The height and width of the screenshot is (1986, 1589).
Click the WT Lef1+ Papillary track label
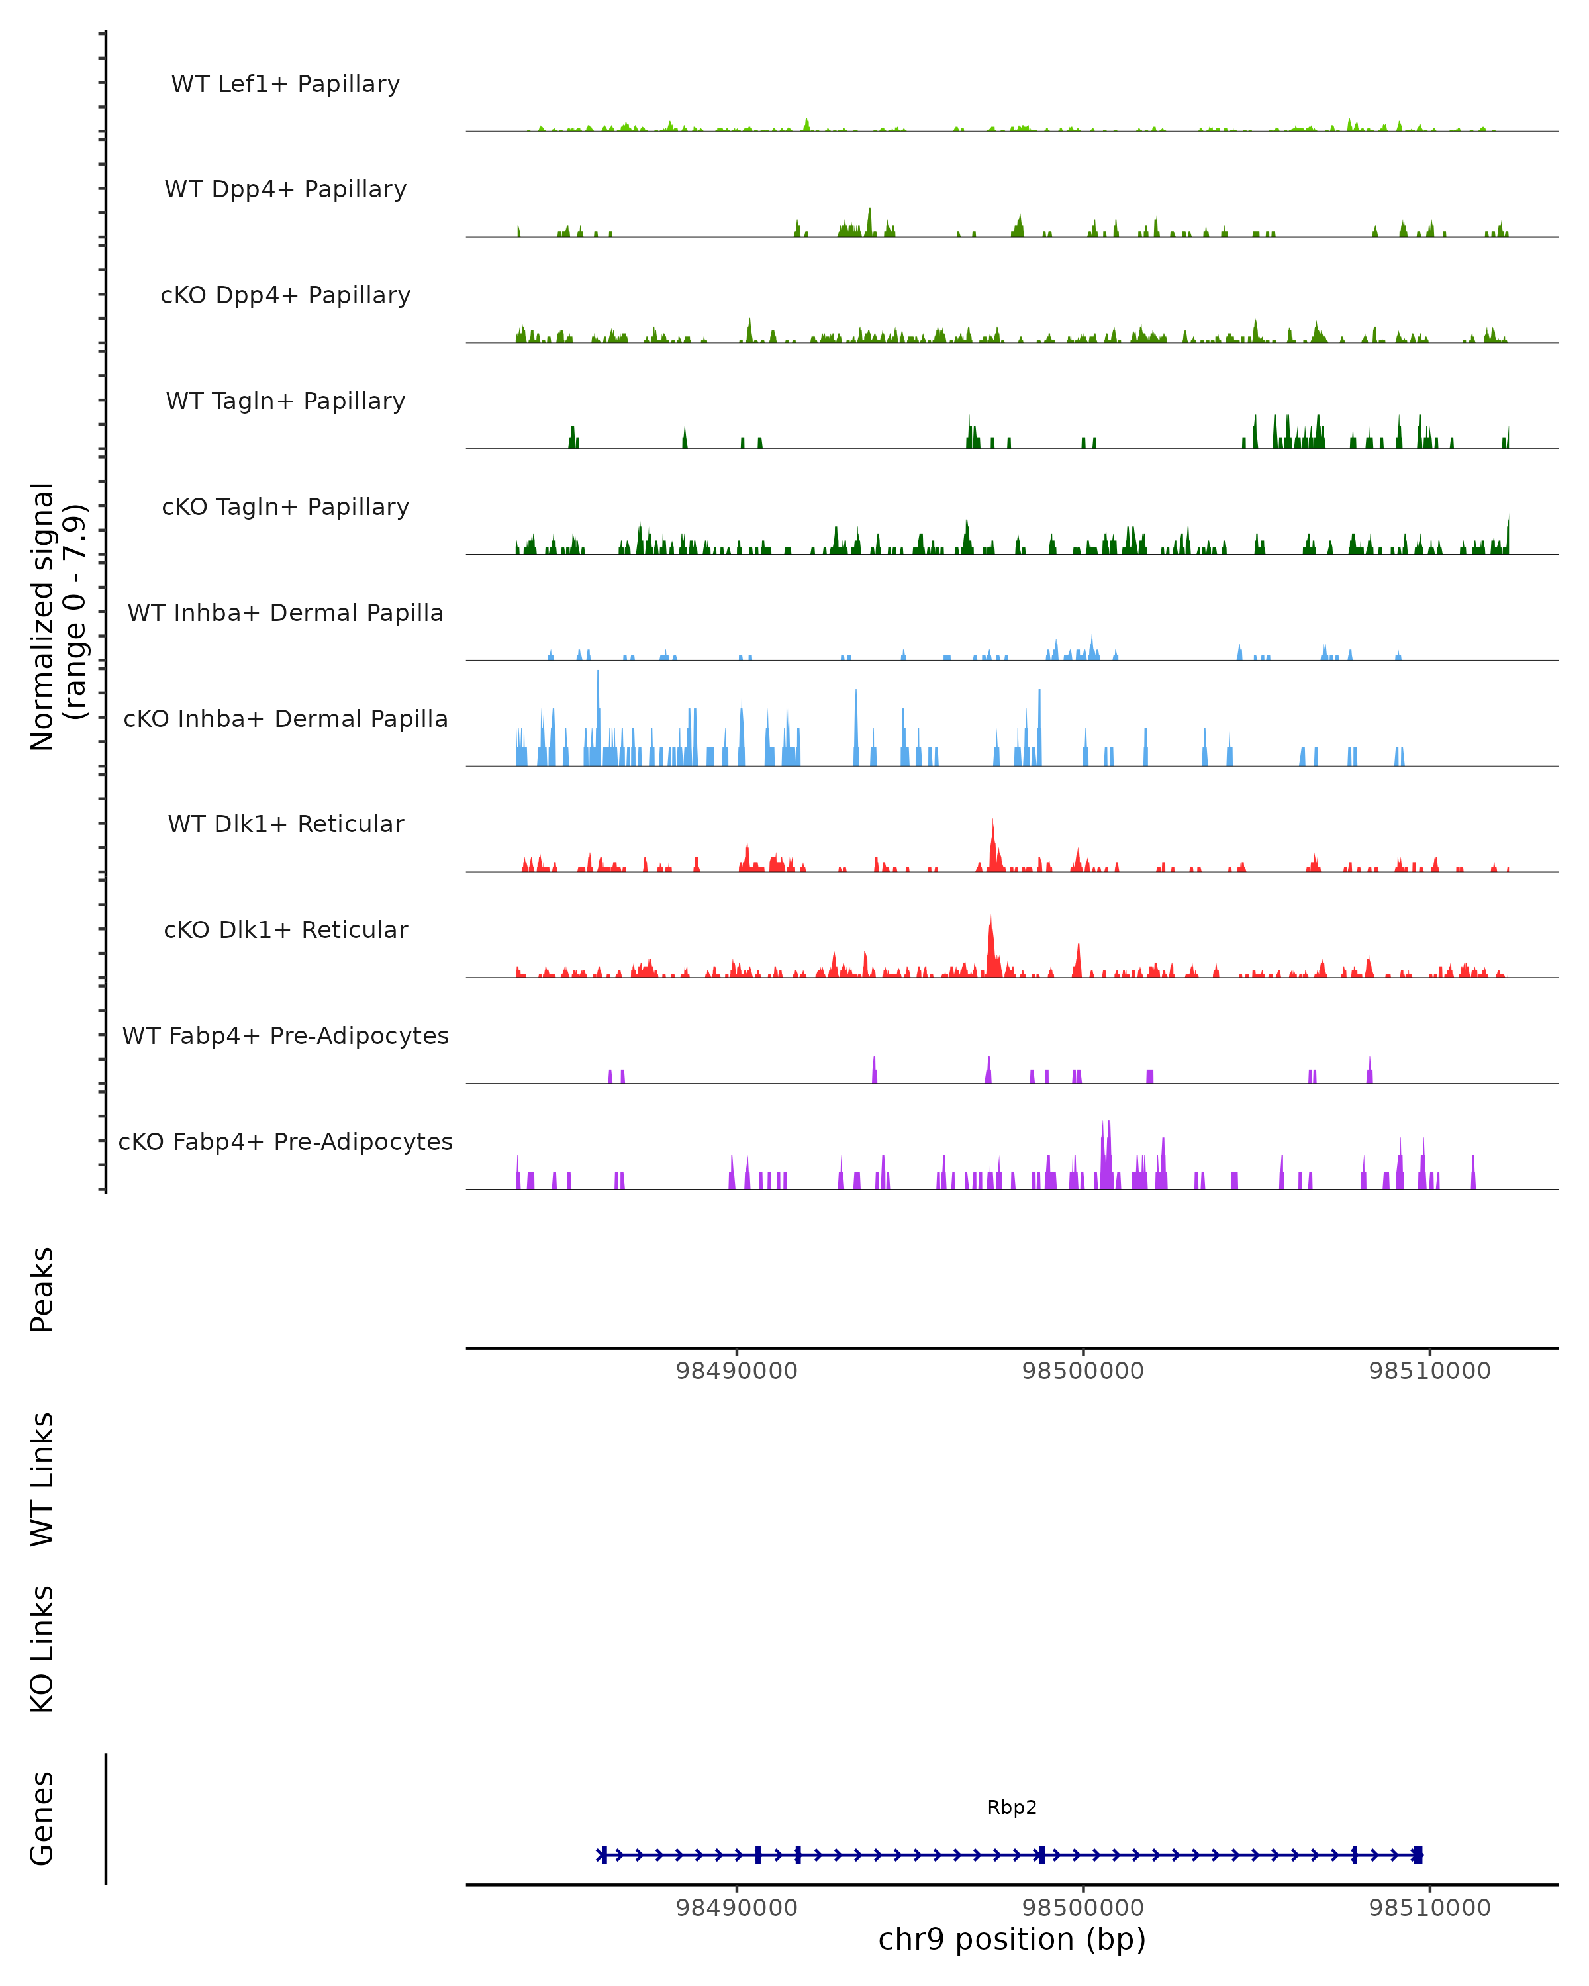pos(285,84)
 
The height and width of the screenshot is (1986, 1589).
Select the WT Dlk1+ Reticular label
pos(285,824)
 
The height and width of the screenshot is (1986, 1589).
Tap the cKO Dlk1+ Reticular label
pos(285,929)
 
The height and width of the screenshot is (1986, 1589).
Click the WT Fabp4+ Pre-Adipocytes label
pos(285,1035)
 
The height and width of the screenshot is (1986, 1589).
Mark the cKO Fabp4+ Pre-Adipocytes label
pos(285,1141)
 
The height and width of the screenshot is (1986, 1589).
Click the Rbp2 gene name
pos(1012,1807)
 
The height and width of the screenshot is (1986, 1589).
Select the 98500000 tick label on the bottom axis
pos(1083,1908)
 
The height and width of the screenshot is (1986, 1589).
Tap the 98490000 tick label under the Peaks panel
pos(736,1371)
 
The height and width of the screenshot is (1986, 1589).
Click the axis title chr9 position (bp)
pos(1012,1940)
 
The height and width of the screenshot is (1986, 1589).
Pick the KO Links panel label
pos(42,1649)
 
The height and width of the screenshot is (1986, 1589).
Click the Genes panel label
pos(42,1819)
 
